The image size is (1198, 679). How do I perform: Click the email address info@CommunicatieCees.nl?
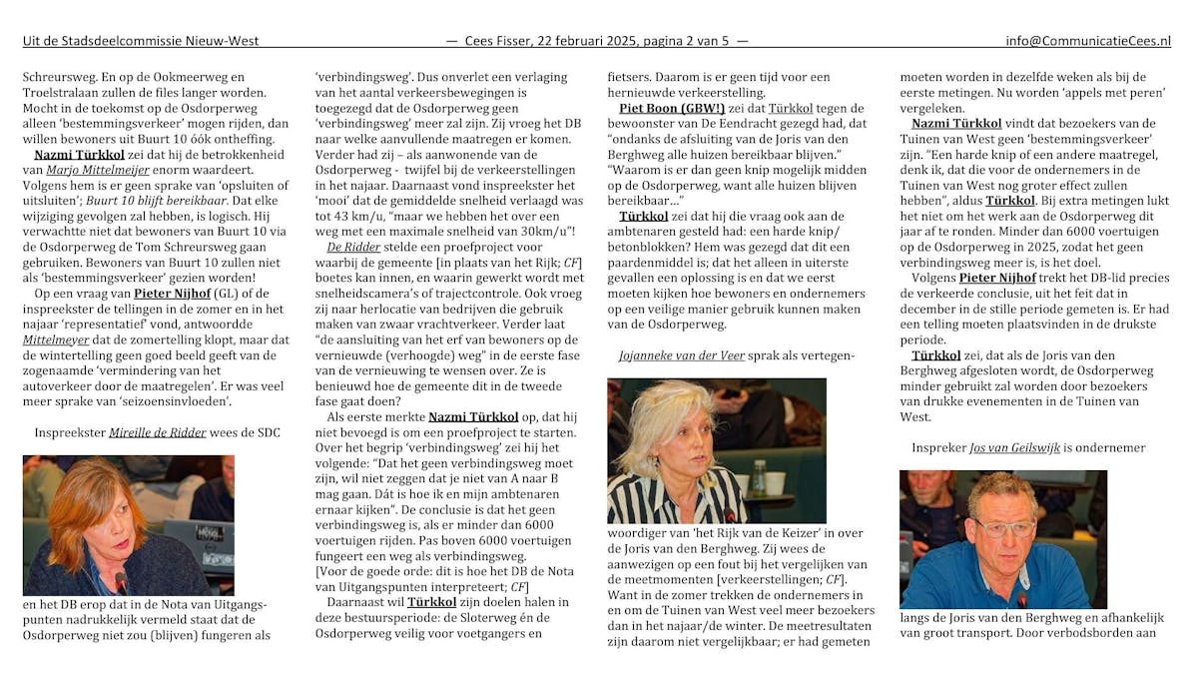tap(1088, 41)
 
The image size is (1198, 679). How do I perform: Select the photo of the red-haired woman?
tap(129, 525)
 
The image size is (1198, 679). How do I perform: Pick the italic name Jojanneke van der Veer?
tap(690, 354)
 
